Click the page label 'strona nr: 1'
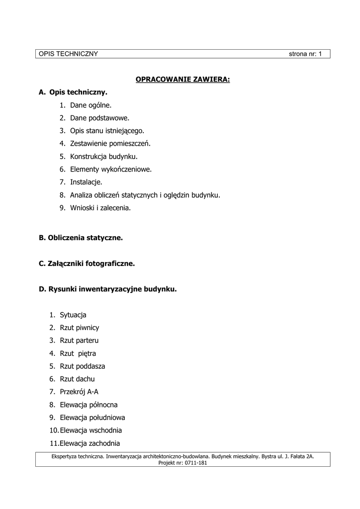305,54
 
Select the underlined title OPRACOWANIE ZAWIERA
183,80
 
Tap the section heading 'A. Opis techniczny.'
73,92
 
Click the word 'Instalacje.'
86,182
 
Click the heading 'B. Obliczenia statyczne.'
81,238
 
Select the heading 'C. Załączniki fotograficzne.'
87,264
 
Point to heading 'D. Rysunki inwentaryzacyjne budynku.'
108,289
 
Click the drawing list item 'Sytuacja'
73,315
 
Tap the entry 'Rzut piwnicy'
80,328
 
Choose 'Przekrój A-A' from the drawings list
79,392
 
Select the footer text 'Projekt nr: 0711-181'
182,463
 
